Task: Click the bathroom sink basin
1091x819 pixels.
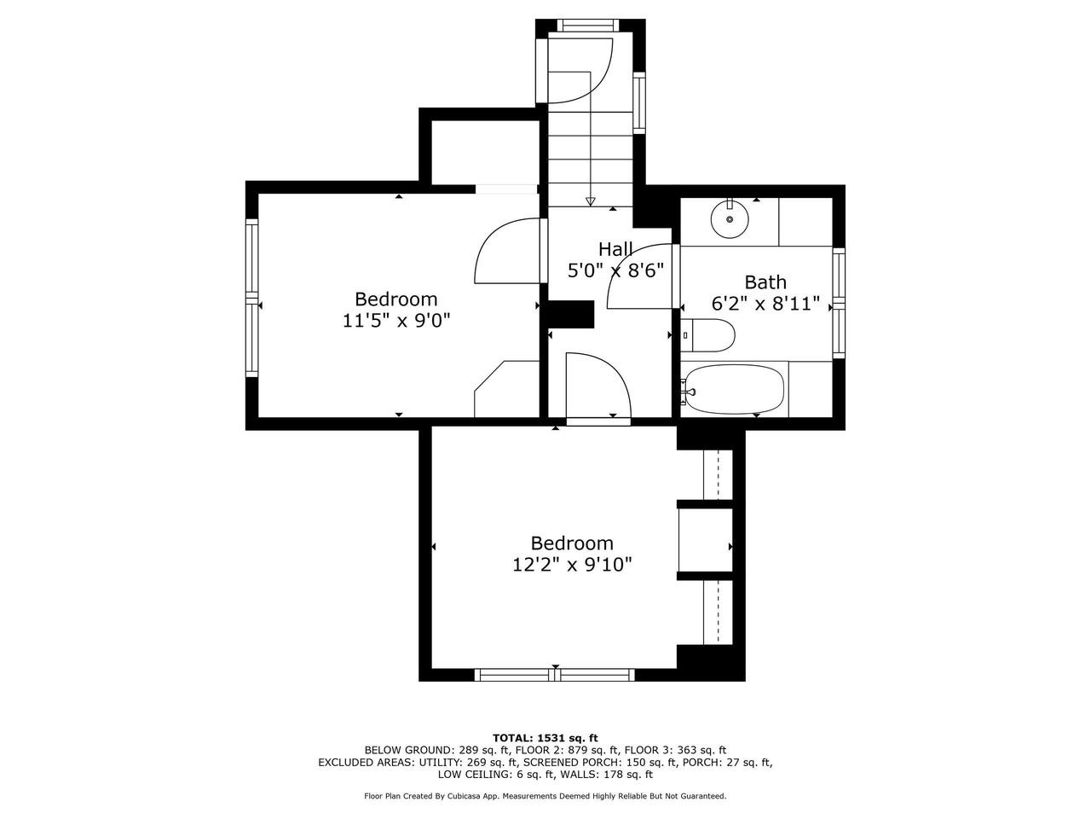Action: (x=730, y=219)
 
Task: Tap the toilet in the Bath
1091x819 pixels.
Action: (x=712, y=335)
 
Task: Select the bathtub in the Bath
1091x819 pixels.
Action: (x=734, y=390)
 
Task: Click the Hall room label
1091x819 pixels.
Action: (x=615, y=249)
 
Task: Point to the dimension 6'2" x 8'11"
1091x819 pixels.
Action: (x=765, y=303)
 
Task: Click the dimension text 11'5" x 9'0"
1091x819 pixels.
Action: (x=395, y=321)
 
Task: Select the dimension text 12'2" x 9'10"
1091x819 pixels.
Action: (x=572, y=565)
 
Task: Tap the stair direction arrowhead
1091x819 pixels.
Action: (x=590, y=202)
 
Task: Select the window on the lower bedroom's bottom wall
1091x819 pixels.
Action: (x=555, y=675)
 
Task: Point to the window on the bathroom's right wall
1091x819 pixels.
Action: (x=839, y=303)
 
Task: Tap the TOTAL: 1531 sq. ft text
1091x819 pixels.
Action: (x=545, y=737)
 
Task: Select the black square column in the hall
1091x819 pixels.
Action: (x=569, y=314)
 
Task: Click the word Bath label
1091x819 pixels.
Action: (x=765, y=282)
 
